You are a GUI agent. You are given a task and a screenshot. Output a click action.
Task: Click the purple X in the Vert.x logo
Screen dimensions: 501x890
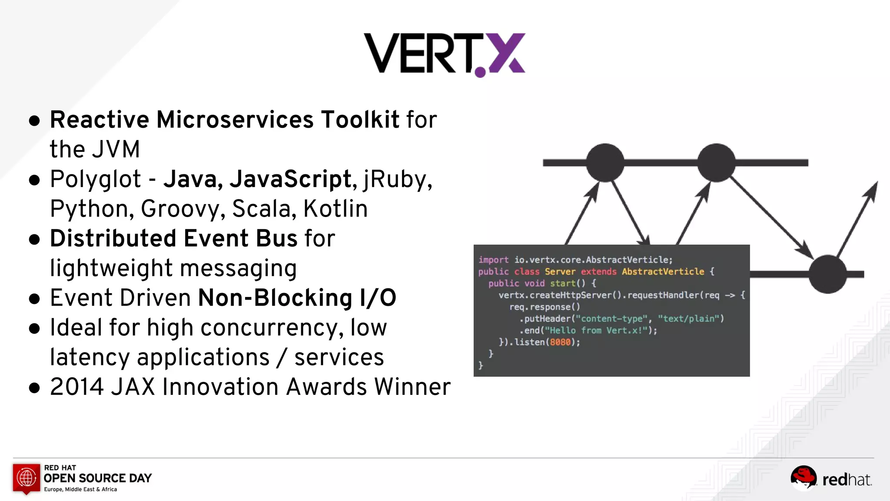click(507, 53)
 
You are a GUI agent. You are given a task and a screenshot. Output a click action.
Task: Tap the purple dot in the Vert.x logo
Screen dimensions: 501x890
click(480, 72)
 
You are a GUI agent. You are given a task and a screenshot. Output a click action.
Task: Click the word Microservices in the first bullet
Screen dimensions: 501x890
click(235, 120)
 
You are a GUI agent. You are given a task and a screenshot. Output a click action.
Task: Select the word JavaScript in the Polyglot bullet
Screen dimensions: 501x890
click(290, 179)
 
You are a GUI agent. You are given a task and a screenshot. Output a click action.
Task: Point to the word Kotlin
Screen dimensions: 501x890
click(335, 209)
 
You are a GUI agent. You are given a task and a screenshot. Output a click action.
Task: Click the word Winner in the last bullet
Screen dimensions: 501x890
click(412, 387)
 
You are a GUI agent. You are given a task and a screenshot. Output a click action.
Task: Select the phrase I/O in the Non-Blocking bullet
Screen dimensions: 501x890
click(378, 298)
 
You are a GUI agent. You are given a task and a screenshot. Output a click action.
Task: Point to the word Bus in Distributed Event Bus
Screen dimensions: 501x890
click(276, 238)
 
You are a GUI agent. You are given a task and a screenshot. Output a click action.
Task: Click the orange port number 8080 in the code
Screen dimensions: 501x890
click(560, 342)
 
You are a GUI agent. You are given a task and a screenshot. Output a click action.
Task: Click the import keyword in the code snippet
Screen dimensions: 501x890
click(493, 260)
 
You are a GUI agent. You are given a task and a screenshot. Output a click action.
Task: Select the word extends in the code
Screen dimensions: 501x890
click(598, 272)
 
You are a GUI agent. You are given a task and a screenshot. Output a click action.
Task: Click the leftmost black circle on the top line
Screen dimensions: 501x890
click(605, 163)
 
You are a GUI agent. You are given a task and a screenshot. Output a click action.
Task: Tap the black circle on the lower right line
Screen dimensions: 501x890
click(827, 274)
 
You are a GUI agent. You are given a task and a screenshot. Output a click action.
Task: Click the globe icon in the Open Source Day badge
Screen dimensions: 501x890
click(27, 478)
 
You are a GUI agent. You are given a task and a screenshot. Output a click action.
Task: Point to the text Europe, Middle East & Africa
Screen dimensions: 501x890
click(80, 489)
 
